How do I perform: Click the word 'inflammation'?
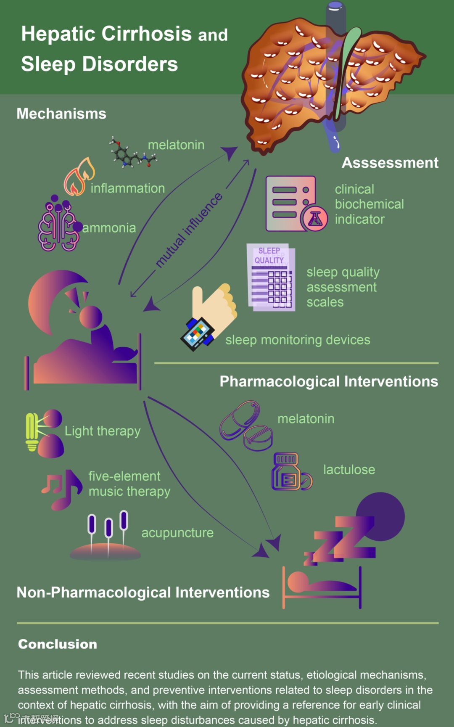(x=128, y=188)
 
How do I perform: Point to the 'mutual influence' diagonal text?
(x=189, y=230)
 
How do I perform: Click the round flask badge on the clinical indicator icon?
(x=314, y=218)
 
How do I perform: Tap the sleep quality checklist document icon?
(x=271, y=278)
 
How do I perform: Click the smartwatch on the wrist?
(x=198, y=334)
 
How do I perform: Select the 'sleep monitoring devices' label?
(x=298, y=340)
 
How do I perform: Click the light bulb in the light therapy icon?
(x=32, y=431)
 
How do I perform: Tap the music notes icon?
(x=62, y=489)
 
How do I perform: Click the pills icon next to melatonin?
(x=246, y=426)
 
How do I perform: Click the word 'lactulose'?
(x=349, y=470)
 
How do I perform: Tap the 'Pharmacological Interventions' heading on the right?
(x=329, y=381)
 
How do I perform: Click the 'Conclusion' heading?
(x=58, y=644)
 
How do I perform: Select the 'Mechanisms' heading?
(x=61, y=114)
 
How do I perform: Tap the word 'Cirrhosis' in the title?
(x=147, y=34)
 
